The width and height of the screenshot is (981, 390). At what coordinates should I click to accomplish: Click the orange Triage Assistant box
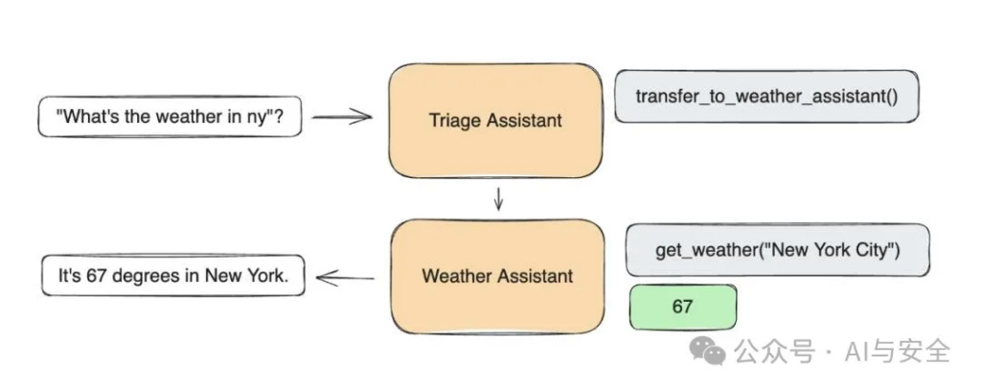coord(495,120)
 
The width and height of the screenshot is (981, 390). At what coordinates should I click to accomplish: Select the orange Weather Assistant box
coord(498,276)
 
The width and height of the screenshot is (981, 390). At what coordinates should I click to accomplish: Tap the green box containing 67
coord(682,307)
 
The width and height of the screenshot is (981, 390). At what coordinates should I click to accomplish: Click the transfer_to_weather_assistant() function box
coord(766,97)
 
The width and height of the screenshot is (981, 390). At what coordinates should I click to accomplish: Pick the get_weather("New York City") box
coord(777,250)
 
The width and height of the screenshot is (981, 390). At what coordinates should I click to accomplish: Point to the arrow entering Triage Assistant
coord(341,117)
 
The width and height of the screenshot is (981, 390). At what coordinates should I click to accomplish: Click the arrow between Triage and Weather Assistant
coord(498,197)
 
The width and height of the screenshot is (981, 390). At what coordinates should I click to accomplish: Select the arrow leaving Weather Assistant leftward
coord(345,278)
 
